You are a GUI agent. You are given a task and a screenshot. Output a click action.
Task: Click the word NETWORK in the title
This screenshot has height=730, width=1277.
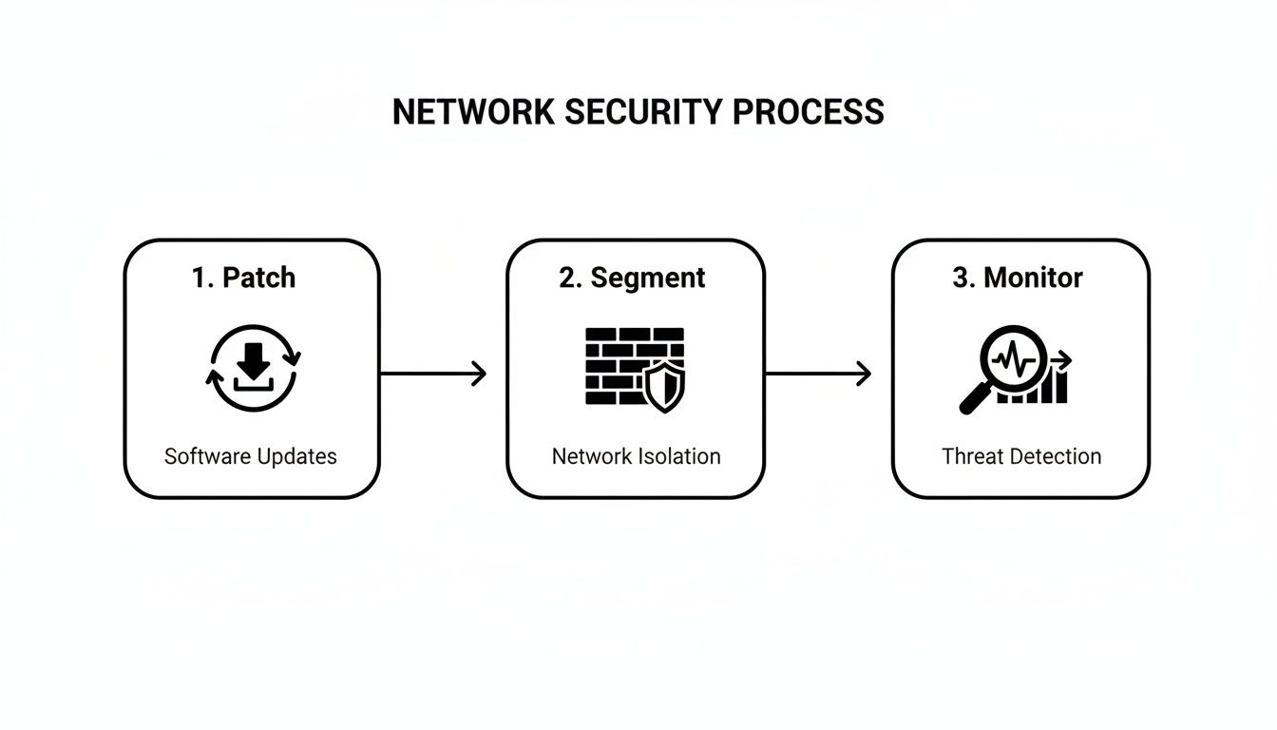[x=473, y=112]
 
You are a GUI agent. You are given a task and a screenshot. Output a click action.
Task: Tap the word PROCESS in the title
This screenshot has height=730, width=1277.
[x=809, y=112]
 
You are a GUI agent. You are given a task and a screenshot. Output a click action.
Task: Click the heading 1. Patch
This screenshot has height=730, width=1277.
[x=243, y=278]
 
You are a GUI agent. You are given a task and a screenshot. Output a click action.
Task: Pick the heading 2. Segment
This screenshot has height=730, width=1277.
[x=633, y=278]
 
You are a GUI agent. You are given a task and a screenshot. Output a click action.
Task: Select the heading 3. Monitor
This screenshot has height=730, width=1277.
[x=1018, y=278]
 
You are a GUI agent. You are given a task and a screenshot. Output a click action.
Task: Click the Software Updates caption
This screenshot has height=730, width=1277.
[x=251, y=456]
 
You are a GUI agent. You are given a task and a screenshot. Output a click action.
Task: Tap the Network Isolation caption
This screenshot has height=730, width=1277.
[x=636, y=456]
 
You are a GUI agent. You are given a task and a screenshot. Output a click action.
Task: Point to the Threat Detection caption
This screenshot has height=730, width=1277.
[x=1021, y=456]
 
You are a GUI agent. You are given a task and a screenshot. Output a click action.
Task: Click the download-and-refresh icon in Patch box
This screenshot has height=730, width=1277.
[x=253, y=369]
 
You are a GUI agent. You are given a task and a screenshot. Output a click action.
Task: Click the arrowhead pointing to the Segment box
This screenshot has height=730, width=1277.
[x=478, y=374]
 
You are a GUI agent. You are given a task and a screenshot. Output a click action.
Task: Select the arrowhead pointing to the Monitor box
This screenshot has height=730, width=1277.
[x=863, y=374]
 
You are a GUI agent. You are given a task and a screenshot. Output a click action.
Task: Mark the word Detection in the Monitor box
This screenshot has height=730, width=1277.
[x=1057, y=456]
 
